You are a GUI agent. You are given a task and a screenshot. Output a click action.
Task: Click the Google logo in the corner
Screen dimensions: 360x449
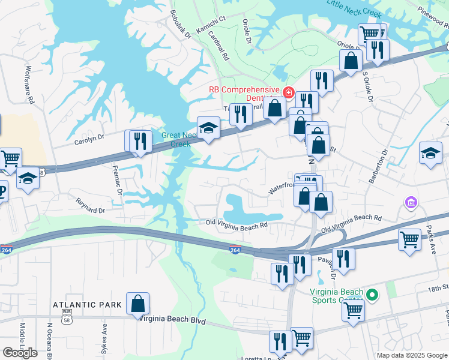(20, 353)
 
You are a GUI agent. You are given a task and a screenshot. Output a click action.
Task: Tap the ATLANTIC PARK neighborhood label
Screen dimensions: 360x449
(87, 305)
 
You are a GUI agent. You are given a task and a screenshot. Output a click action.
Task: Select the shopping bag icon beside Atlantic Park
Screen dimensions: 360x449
(138, 304)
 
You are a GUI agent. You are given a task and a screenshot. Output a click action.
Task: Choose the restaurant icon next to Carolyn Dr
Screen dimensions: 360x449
(140, 142)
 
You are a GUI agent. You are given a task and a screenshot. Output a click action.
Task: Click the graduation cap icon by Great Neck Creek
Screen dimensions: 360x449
(208, 128)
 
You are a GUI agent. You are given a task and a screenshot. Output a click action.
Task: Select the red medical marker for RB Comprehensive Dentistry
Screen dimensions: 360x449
(288, 92)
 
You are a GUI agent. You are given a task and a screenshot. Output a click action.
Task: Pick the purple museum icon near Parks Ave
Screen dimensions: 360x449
(411, 203)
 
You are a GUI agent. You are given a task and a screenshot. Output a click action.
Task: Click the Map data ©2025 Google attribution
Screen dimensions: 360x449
(412, 355)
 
